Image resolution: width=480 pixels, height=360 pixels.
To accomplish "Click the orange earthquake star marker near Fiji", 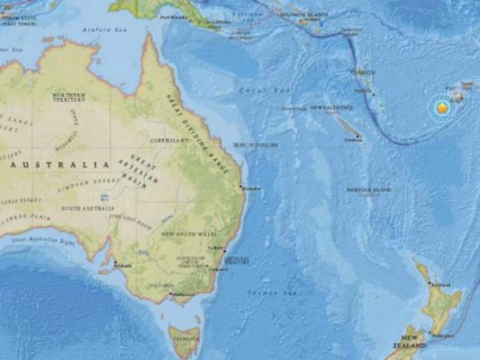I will (441, 108).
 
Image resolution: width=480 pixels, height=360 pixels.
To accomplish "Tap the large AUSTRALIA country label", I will (62, 166).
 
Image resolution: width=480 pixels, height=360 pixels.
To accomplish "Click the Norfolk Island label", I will (370, 190).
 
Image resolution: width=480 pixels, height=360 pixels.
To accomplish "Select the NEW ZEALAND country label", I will (400, 346).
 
